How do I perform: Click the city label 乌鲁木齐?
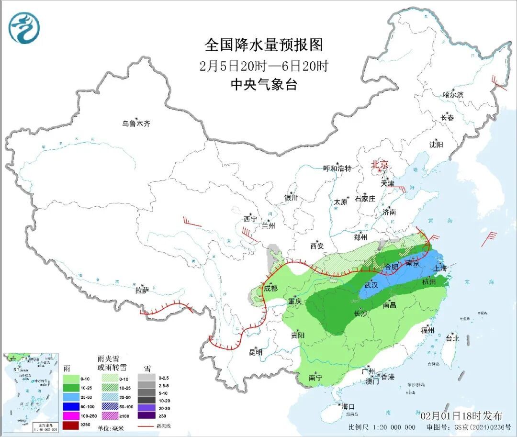(x=136, y=123)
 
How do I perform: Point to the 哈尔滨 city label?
(x=453, y=95)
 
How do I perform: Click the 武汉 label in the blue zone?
(x=371, y=285)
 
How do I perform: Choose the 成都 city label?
(x=270, y=288)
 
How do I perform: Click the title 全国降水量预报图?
(x=264, y=45)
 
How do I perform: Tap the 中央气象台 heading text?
(x=264, y=85)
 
